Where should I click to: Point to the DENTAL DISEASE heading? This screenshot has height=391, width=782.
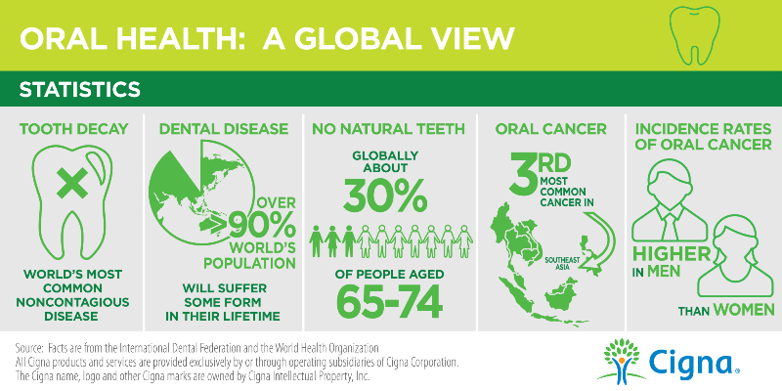point(224,129)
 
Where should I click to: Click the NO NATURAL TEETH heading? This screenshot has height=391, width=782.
point(384,129)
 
